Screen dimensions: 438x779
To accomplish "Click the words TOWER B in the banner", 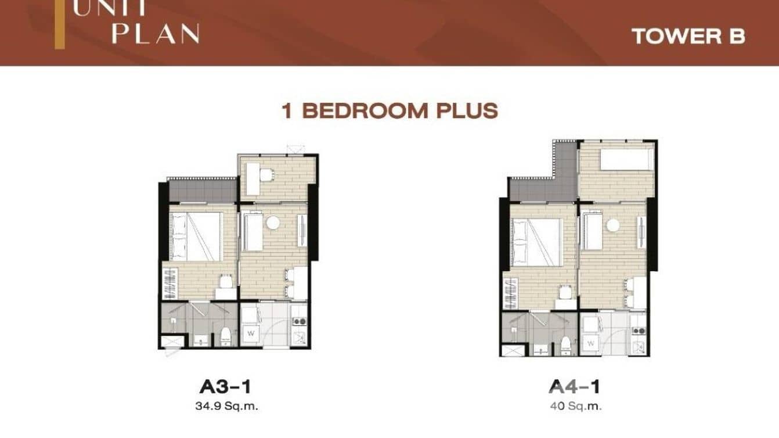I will [x=688, y=36].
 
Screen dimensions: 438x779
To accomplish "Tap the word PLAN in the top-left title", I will [x=156, y=34].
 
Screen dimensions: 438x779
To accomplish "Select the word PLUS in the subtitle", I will [x=468, y=110].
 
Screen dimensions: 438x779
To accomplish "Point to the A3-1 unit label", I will [x=225, y=386].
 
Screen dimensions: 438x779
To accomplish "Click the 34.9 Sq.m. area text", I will [x=225, y=406].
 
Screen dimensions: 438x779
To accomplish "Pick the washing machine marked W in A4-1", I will [x=590, y=343].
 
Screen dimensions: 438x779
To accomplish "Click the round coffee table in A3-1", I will [x=273, y=223].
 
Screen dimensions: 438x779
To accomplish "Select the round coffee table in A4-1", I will [x=612, y=225].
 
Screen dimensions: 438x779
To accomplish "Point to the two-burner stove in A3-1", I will [x=299, y=321].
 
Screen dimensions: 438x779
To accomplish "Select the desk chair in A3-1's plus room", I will [x=266, y=174].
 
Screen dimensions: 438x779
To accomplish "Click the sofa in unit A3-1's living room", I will [x=253, y=232].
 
